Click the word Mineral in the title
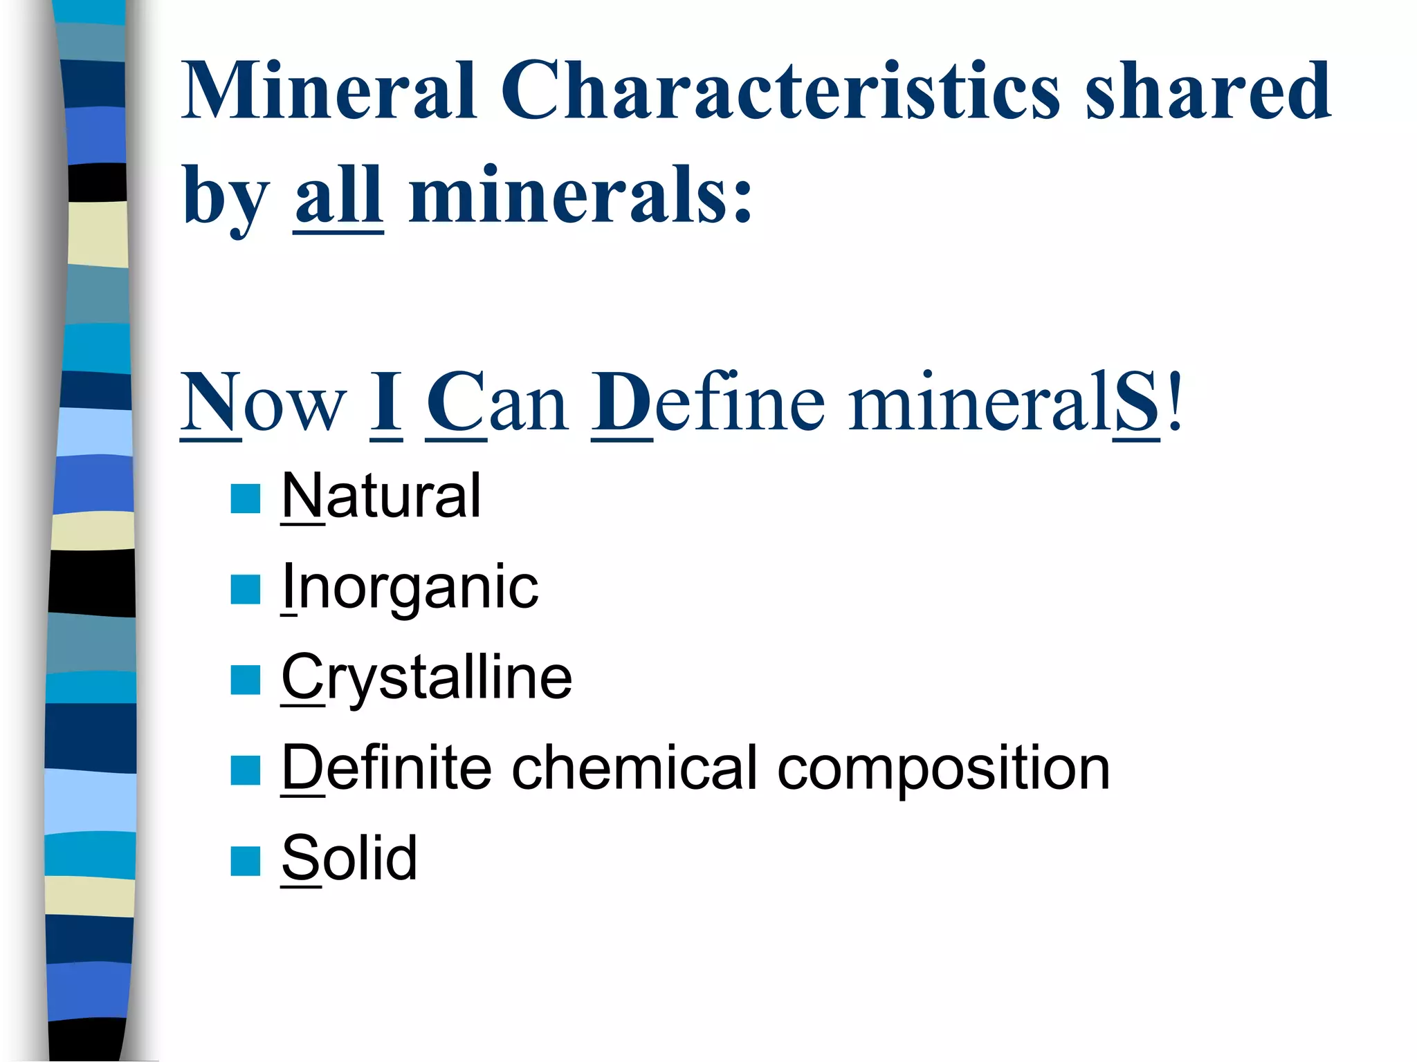tap(329, 91)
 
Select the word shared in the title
tap(1207, 91)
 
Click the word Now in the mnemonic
tap(263, 403)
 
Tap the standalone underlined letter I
tap(386, 403)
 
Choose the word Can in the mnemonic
tap(497, 403)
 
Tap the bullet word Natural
tap(381, 496)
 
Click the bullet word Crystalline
tap(427, 678)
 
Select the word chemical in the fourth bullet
tap(634, 768)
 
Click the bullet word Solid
tap(349, 858)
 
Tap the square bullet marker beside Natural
tap(245, 499)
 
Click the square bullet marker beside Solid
tap(245, 861)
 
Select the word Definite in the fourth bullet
tap(386, 768)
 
